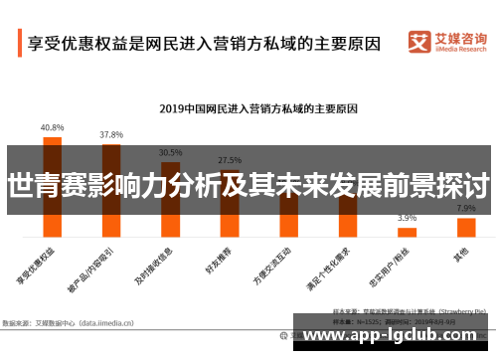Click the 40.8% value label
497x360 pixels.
click(x=52, y=128)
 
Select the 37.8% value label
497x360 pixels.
click(x=111, y=134)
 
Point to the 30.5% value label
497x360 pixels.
click(x=170, y=153)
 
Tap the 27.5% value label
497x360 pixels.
click(x=230, y=160)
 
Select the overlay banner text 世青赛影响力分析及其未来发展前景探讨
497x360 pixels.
click(x=248, y=185)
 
